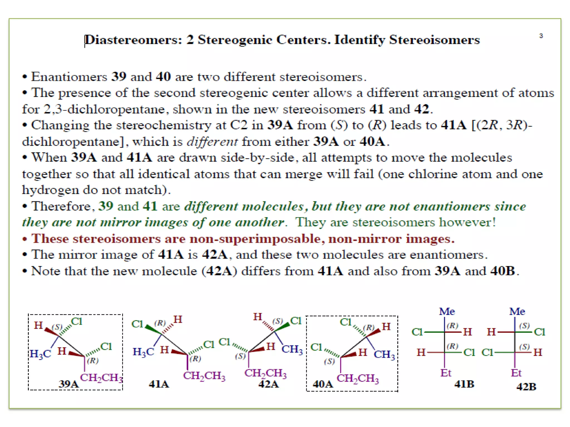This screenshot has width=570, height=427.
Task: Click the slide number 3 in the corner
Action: pyautogui.click(x=541, y=36)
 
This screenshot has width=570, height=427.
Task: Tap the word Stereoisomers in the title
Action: pyautogui.click(x=434, y=40)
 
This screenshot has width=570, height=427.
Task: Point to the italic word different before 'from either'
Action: pyautogui.click(x=212, y=142)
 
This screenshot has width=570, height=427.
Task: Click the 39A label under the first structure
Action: pyautogui.click(x=68, y=384)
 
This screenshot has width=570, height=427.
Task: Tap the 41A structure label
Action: pyautogui.click(x=159, y=384)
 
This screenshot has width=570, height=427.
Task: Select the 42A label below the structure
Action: pyautogui.click(x=268, y=384)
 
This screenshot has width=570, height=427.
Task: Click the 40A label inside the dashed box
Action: pyautogui.click(x=323, y=384)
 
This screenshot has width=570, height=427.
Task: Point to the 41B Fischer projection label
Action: pyautogui.click(x=464, y=384)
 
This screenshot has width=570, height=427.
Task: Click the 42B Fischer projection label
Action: pyautogui.click(x=526, y=386)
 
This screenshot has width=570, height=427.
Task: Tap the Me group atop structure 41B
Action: pyautogui.click(x=447, y=311)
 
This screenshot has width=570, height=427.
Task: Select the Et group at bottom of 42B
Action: pyautogui.click(x=516, y=373)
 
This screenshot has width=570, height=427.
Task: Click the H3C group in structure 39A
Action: pyautogui.click(x=40, y=354)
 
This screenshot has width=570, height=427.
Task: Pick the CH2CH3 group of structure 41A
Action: pyautogui.click(x=204, y=376)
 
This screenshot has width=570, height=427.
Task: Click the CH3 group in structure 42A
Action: pyautogui.click(x=292, y=349)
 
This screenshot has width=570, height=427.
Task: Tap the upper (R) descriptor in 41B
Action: pyautogui.click(x=452, y=325)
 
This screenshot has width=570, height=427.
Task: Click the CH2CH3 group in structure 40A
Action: pyautogui.click(x=358, y=378)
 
